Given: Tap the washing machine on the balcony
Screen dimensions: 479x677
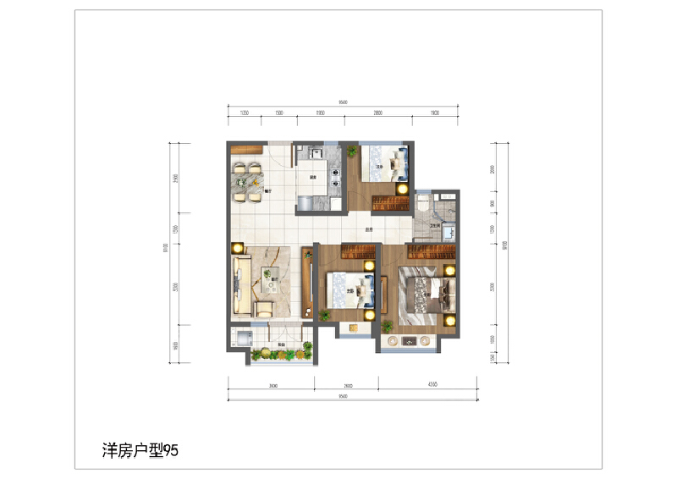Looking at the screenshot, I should click(x=240, y=339).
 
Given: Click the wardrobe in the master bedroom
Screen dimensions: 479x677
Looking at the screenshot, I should click(x=432, y=251).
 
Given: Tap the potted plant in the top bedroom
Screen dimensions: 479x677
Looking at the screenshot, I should click(x=351, y=151).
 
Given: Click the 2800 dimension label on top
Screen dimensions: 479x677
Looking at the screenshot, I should click(x=377, y=113).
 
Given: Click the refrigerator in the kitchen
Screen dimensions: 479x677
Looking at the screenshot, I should click(x=305, y=203).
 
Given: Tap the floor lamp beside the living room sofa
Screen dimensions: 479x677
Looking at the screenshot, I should click(x=238, y=247).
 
